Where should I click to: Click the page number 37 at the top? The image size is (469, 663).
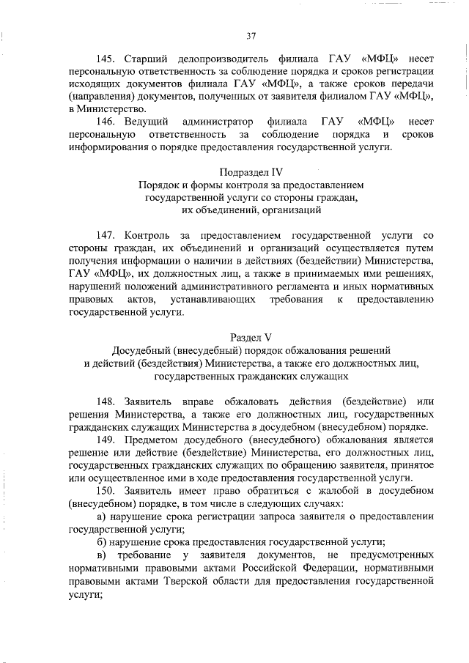(x=251, y=35)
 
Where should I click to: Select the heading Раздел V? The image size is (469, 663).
(x=251, y=338)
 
